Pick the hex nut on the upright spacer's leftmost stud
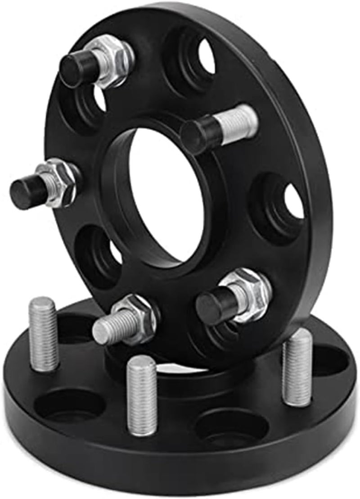(x=57, y=181)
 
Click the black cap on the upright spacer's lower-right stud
(x=211, y=304)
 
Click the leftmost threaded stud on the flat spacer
(x=43, y=333)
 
